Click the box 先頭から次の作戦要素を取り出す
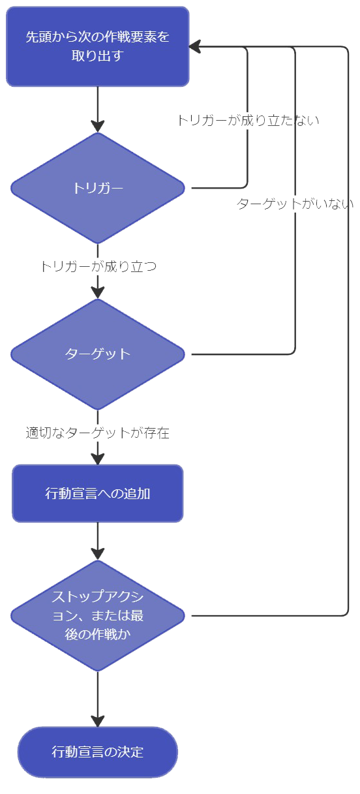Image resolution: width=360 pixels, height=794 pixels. (97, 46)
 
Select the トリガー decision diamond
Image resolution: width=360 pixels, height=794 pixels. (97, 188)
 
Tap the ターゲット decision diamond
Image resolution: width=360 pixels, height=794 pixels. (97, 354)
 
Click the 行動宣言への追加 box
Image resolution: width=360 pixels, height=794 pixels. (97, 493)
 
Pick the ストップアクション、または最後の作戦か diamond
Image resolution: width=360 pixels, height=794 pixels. (97, 616)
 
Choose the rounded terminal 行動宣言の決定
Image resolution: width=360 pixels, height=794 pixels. (97, 752)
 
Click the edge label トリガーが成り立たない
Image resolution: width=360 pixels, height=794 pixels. (248, 121)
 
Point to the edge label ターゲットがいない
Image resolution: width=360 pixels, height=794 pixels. (295, 204)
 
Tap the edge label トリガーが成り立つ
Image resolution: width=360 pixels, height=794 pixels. (98, 266)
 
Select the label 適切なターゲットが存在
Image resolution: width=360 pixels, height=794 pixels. (97, 433)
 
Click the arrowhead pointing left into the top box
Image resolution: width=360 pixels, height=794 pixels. (195, 46)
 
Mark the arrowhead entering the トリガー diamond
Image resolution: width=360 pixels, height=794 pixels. (97, 127)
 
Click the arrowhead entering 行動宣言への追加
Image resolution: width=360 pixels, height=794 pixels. (97, 459)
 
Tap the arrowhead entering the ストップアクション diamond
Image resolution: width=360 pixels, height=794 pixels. (97, 554)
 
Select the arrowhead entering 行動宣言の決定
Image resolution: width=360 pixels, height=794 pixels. (97, 721)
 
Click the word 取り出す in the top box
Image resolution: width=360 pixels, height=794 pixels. (97, 55)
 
